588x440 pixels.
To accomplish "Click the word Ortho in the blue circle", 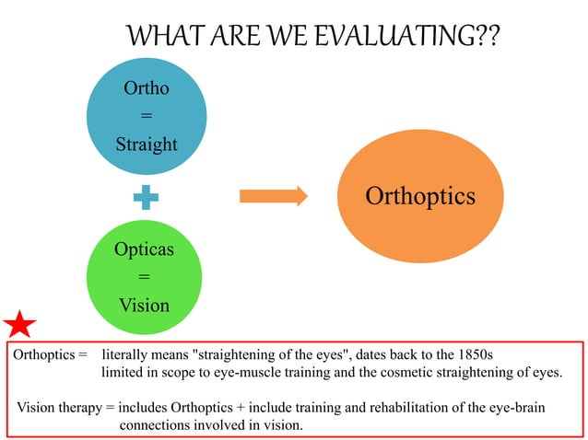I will coord(146,89).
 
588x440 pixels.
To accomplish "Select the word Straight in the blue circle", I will coord(146,145).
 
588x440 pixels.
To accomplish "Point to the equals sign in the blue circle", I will coord(146,117).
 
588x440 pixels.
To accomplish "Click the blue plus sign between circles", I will coord(146,196).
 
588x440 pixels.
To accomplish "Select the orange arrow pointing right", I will coord(273,195).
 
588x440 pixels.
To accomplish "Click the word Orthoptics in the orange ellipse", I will coord(420,196).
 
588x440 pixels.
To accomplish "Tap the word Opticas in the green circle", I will coord(144,249).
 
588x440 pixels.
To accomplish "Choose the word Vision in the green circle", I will coord(144,305).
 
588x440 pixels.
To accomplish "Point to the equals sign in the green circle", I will coord(144,277).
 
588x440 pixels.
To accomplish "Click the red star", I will coord(19,324).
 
